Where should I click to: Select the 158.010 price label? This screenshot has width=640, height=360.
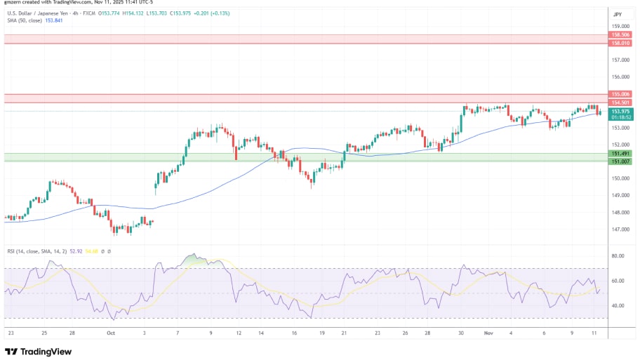(621, 43)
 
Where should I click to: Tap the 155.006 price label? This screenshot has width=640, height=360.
(621, 94)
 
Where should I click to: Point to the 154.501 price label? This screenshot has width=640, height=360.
(621, 102)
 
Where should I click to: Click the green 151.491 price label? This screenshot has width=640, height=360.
(621, 153)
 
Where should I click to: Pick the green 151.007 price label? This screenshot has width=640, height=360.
(621, 161)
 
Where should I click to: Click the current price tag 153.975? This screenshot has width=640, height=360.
(621, 111)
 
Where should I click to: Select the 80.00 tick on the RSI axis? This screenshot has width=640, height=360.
(618, 256)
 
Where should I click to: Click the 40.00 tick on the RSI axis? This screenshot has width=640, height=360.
(618, 306)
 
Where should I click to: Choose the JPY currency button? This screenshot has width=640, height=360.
(618, 14)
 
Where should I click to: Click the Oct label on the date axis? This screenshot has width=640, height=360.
(110, 333)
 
